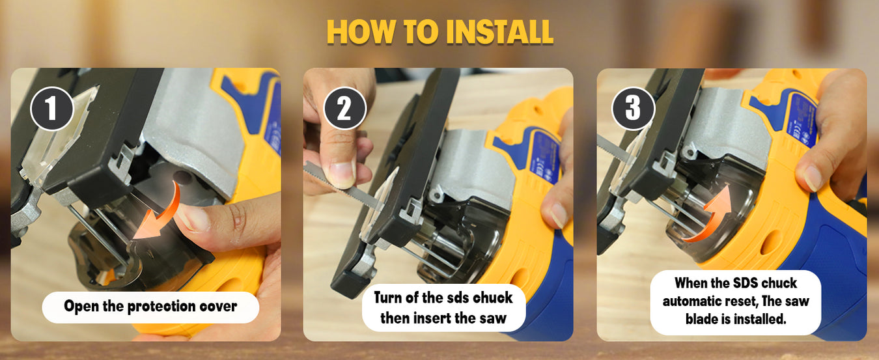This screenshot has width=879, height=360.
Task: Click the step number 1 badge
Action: (52, 109)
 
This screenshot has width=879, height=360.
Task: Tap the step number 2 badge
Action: (345, 109)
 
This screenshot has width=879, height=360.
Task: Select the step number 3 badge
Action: (634, 109)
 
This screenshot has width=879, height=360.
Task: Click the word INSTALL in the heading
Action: (499, 31)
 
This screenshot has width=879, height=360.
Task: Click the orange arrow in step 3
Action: (707, 215)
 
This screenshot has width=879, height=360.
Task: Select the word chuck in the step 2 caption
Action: (492, 298)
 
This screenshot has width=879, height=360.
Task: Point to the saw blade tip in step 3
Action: (598, 138)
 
